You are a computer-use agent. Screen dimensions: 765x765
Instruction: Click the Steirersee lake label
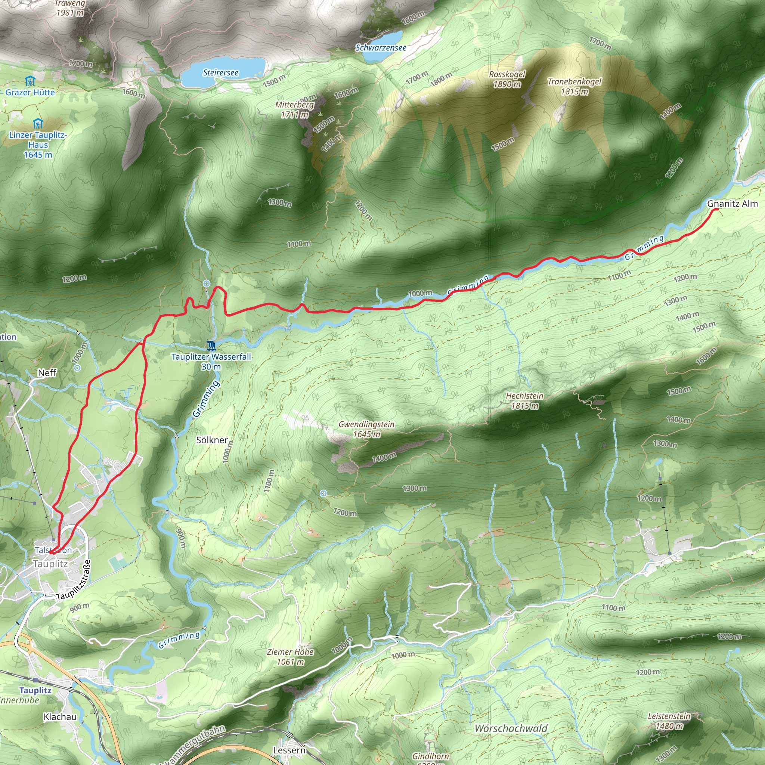pyautogui.click(x=220, y=73)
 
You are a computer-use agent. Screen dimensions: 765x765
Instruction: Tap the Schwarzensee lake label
pyautogui.click(x=381, y=48)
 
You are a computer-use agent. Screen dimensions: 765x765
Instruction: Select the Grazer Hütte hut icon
pyautogui.click(x=30, y=81)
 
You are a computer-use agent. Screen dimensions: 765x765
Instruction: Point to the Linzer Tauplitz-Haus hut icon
pyautogui.click(x=38, y=123)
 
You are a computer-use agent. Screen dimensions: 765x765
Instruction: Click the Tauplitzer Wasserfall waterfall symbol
pyautogui.click(x=211, y=346)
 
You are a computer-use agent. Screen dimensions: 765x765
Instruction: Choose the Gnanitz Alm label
pyautogui.click(x=732, y=204)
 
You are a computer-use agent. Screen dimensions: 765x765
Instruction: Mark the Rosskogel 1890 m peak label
pyautogui.click(x=507, y=79)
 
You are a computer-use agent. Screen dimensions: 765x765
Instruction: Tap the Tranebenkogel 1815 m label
pyautogui.click(x=574, y=86)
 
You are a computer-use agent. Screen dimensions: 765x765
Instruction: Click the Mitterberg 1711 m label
pyautogui.click(x=295, y=110)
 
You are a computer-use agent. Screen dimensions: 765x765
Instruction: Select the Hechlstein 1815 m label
pyautogui.click(x=525, y=401)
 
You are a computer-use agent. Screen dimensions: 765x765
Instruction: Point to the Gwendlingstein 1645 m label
pyautogui.click(x=366, y=429)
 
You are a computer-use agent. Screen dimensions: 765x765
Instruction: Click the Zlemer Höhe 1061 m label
pyautogui.click(x=290, y=657)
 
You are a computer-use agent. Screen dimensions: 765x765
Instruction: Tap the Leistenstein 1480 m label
pyautogui.click(x=669, y=721)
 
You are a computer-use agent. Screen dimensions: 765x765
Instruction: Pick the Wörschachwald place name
pyautogui.click(x=511, y=728)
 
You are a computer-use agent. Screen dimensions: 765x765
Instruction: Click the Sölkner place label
pyautogui.click(x=212, y=440)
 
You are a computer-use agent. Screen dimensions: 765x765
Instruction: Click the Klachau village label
pyautogui.click(x=60, y=717)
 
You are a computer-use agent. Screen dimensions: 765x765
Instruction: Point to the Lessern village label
pyautogui.click(x=289, y=750)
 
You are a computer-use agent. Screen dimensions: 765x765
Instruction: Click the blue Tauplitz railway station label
pyautogui.click(x=35, y=691)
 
